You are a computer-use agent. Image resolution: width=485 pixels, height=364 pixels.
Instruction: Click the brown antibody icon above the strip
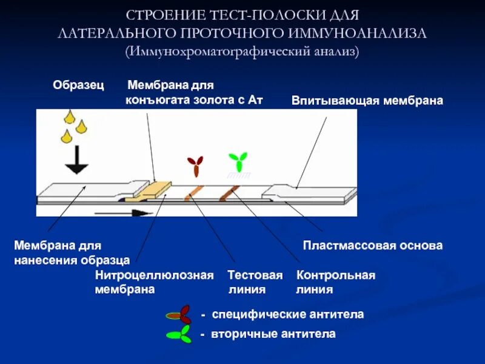(x=195, y=164)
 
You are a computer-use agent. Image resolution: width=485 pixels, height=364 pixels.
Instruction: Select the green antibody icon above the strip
(x=238, y=161)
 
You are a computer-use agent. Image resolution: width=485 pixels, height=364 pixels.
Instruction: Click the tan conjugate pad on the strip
(x=153, y=189)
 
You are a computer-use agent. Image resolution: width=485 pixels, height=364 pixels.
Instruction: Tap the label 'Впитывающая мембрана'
(x=367, y=100)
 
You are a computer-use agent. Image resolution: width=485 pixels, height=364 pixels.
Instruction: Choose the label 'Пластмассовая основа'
(x=373, y=246)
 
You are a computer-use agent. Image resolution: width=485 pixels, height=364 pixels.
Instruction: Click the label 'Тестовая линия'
(x=255, y=282)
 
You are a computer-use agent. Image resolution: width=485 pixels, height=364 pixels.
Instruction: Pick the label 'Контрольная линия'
(x=335, y=282)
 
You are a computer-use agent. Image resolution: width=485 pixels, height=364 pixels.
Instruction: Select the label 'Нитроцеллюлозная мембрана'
(x=154, y=282)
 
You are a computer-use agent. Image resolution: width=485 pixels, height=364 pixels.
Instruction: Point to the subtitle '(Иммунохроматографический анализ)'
(x=242, y=52)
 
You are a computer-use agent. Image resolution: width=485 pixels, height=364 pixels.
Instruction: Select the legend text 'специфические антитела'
(x=287, y=315)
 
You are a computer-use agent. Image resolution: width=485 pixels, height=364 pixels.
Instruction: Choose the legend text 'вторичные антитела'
(x=273, y=334)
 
